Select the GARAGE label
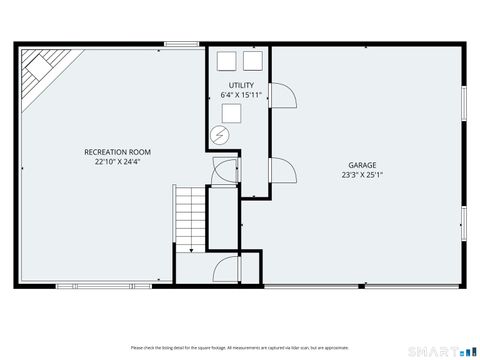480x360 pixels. click(362, 165)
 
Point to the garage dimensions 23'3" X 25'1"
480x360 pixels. click(362, 174)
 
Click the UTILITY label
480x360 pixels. click(240, 86)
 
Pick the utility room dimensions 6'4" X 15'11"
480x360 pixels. click(240, 95)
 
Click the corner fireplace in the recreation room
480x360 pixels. click(41, 69)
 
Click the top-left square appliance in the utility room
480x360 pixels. click(225, 60)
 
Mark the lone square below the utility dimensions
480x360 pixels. click(241, 114)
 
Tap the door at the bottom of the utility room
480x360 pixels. click(224, 170)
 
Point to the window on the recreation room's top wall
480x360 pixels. click(180, 43)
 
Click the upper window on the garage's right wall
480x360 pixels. click(464, 107)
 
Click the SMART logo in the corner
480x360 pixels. click(440, 350)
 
